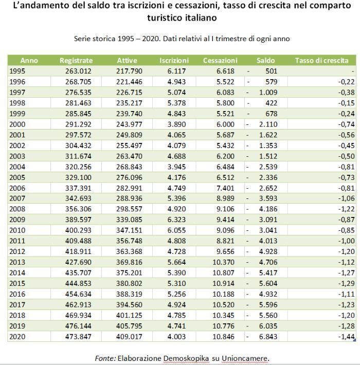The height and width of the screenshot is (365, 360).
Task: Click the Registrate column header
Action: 76,61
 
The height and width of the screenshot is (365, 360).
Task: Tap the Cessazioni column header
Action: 220,61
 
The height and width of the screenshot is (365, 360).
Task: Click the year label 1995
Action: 17,71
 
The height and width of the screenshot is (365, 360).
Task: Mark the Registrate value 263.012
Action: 79,71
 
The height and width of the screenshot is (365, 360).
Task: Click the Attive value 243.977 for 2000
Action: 129,124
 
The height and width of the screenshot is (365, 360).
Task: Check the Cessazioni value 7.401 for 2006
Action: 225,188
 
